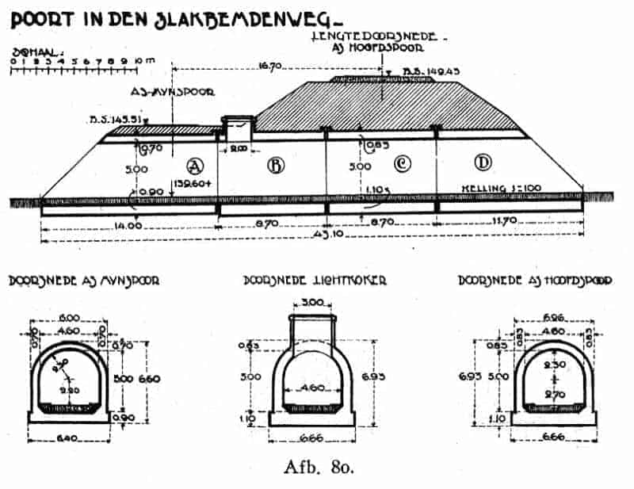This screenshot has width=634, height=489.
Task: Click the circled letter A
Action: click(x=193, y=165)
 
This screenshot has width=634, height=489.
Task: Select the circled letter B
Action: click(x=276, y=165)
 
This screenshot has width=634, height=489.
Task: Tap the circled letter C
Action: click(x=402, y=164)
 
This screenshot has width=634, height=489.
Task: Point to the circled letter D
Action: click(x=481, y=164)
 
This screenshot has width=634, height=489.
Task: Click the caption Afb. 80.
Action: click(x=318, y=466)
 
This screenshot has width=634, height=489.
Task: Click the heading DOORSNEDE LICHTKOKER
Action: click(x=315, y=280)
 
